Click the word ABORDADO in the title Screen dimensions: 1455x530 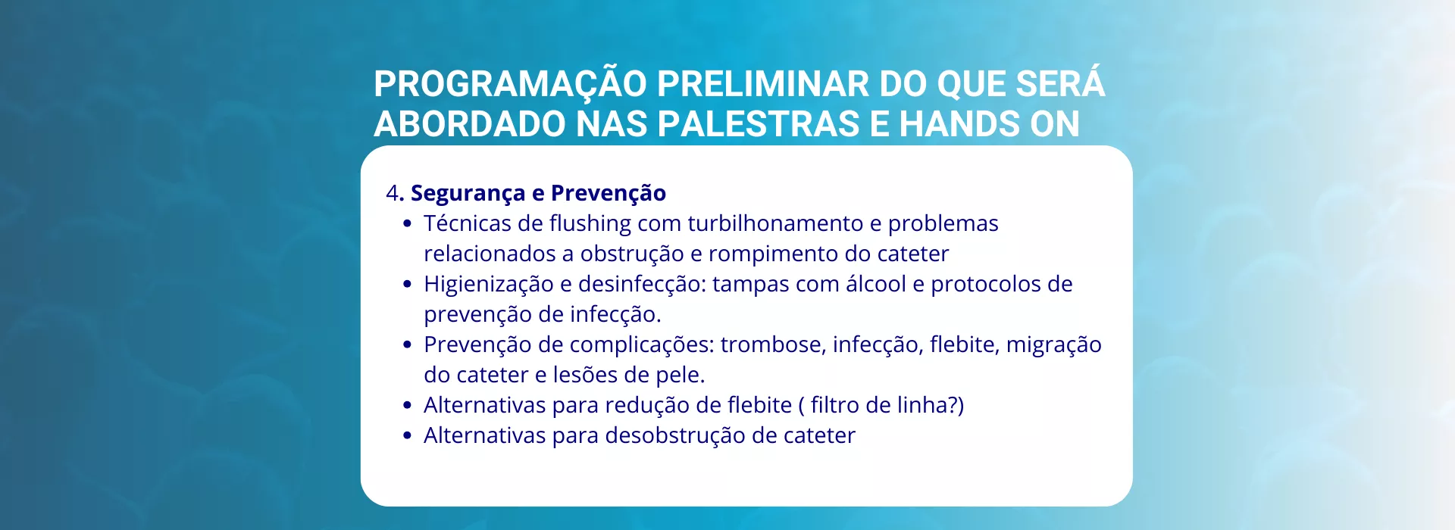(471, 124)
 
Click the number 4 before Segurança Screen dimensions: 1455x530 (392, 193)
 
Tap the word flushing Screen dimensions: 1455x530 (590, 224)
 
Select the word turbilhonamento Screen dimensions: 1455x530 (775, 223)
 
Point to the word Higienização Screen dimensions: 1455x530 (489, 285)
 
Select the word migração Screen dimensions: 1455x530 (1054, 345)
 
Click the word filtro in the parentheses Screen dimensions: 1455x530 (835, 405)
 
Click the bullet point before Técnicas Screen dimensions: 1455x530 (408, 224)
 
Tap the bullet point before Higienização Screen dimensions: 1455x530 (408, 285)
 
